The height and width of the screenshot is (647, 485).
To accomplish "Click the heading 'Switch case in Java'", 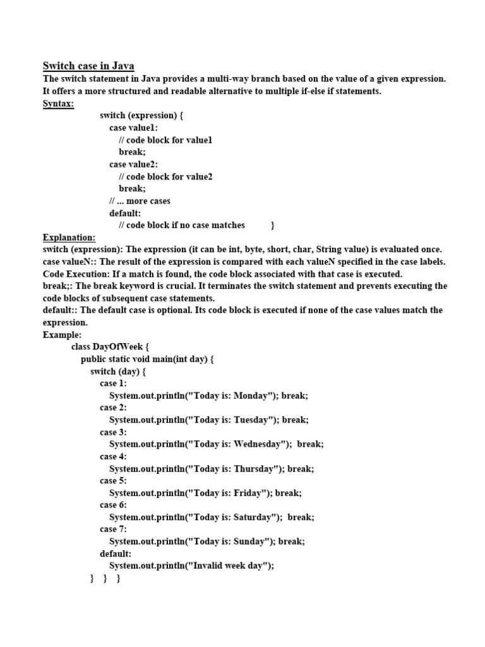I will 88,66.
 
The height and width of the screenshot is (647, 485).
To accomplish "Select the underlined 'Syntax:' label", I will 58,103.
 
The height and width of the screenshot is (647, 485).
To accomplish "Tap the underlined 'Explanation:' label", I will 69,238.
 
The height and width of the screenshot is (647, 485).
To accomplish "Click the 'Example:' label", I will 62,335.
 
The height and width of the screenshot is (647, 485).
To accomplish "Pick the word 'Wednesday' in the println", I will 260,444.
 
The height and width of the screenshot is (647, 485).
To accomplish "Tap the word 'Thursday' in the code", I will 256,468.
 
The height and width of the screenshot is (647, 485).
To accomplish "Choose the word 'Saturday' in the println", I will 255,517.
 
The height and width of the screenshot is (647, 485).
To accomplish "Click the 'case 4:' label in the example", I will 113,456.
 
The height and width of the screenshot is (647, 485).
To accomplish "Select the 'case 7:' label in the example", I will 113,529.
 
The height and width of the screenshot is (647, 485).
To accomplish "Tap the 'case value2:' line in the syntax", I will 134,164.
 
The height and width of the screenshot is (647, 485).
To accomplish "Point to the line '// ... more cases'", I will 140,201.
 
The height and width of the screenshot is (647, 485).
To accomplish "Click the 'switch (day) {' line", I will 118,372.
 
